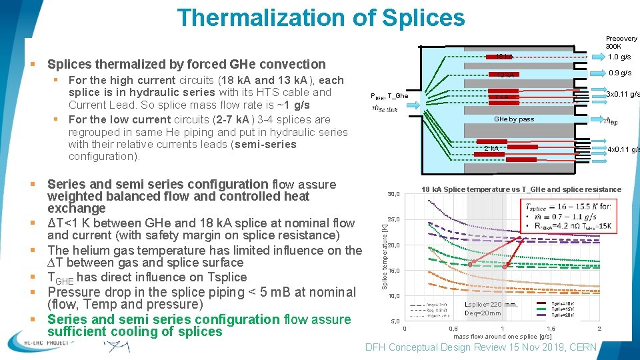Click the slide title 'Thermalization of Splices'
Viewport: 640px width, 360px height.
tap(321, 17)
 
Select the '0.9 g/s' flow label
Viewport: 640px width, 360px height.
tap(619, 73)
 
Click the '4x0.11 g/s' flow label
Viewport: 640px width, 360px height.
tap(623, 149)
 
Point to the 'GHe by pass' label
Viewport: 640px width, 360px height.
tap(513, 119)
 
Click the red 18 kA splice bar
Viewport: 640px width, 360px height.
tap(503, 57)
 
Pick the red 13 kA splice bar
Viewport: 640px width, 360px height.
tap(503, 75)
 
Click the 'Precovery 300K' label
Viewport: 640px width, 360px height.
tap(621, 43)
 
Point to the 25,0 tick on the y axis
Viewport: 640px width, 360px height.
tap(393, 219)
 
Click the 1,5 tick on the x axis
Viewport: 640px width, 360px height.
tap(550, 329)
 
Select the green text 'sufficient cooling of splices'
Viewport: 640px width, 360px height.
tap(135, 332)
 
